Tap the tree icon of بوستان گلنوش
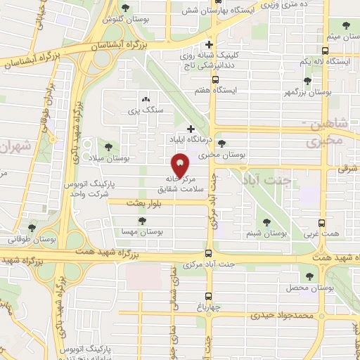coord(125,8)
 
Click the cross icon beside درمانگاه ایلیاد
coord(191,129)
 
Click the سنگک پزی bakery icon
coord(146,100)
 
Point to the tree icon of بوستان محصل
coord(310,276)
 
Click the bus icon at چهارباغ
coord(209,297)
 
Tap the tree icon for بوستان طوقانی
coord(32,227)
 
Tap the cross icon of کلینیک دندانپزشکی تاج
coord(209,44)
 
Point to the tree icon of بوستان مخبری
coord(221,143)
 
